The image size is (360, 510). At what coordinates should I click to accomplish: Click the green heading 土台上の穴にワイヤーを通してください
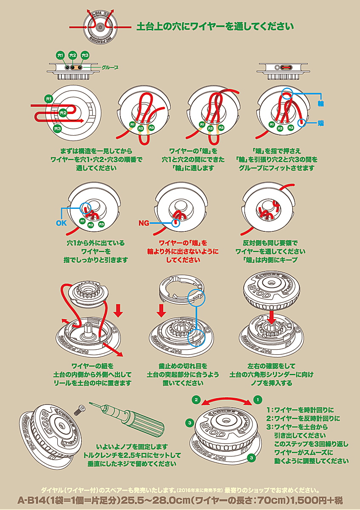[215, 26]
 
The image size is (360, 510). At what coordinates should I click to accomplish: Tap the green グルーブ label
[110, 68]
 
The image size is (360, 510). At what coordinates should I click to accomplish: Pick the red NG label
[145, 223]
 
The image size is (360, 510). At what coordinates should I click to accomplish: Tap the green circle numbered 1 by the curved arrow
[257, 400]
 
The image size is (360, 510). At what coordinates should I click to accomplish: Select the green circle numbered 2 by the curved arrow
[196, 400]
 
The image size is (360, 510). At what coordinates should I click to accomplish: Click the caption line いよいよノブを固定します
[132, 447]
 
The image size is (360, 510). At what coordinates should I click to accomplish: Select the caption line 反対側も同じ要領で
[270, 243]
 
